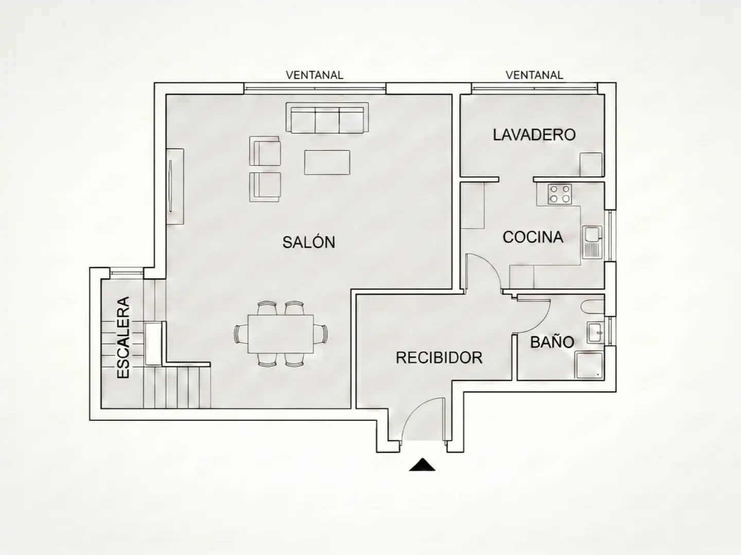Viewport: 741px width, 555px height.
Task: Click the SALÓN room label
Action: pyautogui.click(x=309, y=242)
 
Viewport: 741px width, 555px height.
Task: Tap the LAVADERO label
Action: pyautogui.click(x=534, y=135)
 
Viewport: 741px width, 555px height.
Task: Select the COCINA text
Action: pyautogui.click(x=533, y=237)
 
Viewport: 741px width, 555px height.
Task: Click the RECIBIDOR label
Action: pyautogui.click(x=439, y=358)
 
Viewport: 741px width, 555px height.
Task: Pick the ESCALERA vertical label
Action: pyautogui.click(x=123, y=337)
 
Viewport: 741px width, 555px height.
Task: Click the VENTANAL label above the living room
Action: pyautogui.click(x=314, y=75)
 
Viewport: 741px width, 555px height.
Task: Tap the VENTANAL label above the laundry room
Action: pyautogui.click(x=534, y=75)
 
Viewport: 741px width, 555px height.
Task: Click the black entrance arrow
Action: pyautogui.click(x=422, y=465)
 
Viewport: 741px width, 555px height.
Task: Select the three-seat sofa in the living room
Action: pyautogui.click(x=327, y=118)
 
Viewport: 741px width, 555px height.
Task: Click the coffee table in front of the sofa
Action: pyautogui.click(x=327, y=162)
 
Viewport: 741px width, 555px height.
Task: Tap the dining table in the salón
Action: pyautogui.click(x=280, y=334)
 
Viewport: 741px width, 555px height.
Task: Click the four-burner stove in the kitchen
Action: pyautogui.click(x=560, y=194)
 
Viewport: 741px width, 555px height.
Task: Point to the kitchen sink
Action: pyautogui.click(x=592, y=242)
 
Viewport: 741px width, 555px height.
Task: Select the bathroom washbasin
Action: pyautogui.click(x=596, y=332)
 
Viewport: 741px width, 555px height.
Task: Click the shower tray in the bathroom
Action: pyautogui.click(x=589, y=365)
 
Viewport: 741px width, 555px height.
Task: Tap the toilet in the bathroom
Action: pyautogui.click(x=593, y=306)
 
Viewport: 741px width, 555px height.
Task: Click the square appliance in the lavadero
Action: pyautogui.click(x=591, y=164)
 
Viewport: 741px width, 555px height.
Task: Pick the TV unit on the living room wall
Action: pyautogui.click(x=175, y=187)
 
